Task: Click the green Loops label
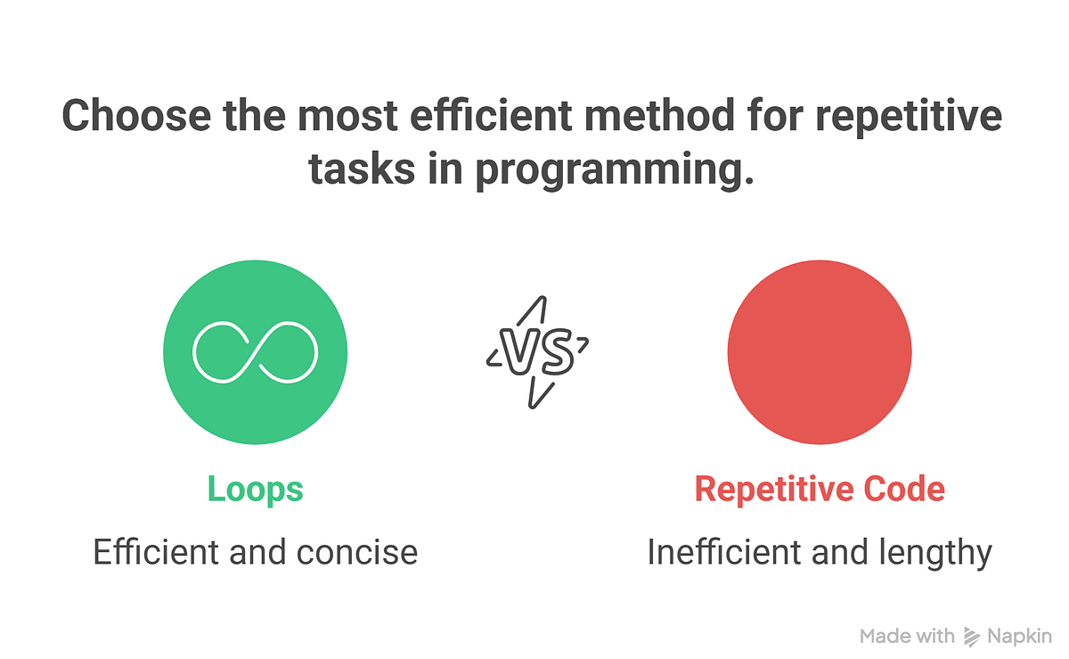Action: (x=255, y=490)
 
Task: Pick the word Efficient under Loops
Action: (x=156, y=553)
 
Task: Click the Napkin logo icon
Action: (x=972, y=636)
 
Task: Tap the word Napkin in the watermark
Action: (x=1020, y=636)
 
